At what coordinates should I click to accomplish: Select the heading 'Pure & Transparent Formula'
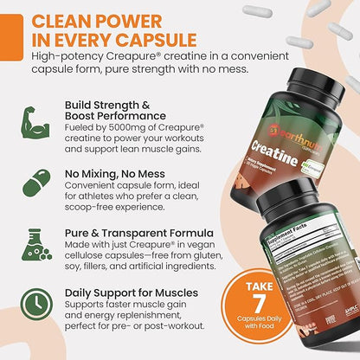[138, 232]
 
